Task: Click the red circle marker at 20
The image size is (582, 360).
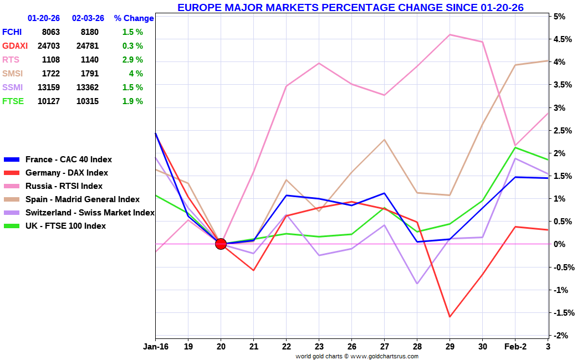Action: [x=221, y=244]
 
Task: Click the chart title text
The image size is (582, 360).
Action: [x=350, y=7]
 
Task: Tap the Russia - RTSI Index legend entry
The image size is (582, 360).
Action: [x=64, y=186]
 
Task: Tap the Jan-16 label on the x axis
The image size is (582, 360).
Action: [x=155, y=346]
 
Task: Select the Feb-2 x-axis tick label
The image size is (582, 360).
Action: [x=515, y=346]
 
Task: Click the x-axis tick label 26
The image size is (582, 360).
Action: [x=351, y=346]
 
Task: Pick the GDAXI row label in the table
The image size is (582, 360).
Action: [x=15, y=46]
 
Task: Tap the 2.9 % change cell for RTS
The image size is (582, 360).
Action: [x=132, y=60]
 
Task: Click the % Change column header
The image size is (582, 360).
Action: [x=134, y=18]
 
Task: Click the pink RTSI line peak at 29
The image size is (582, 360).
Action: [x=450, y=34]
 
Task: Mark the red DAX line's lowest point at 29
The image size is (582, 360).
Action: [x=450, y=317]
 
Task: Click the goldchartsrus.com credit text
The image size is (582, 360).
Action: [x=357, y=356]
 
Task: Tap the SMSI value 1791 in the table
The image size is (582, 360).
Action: [x=90, y=74]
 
